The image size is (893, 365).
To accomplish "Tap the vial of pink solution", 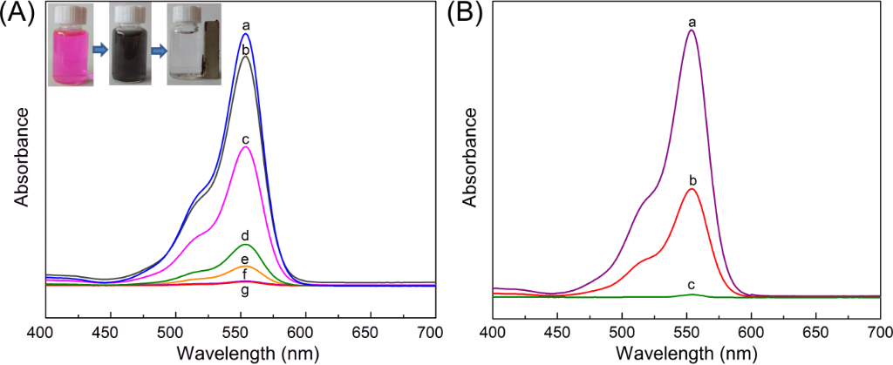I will coord(72,53).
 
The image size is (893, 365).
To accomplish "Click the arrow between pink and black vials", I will coord(100,51).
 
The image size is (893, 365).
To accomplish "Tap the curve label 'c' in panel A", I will coord(246,139).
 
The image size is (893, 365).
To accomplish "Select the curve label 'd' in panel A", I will coord(246,236).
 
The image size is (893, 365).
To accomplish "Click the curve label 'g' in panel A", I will coord(246,291).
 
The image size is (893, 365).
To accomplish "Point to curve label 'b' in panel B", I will coord(692,181).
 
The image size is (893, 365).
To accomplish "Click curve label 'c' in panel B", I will coord(692,286).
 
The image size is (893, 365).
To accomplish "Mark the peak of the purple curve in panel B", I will coord(692,30).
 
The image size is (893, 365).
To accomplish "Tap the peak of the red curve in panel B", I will coord(692,188).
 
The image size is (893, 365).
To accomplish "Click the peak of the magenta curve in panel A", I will coord(246,147).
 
